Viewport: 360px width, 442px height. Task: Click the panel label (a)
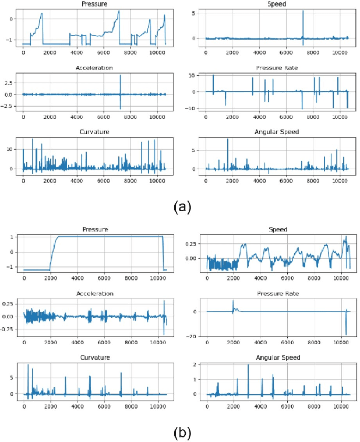click(180, 206)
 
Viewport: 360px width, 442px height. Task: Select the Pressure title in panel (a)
click(95, 3)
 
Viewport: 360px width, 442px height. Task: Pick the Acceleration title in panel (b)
click(95, 293)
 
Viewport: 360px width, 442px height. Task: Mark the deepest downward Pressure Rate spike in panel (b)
click(346, 334)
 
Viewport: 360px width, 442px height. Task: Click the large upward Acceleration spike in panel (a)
click(120, 76)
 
